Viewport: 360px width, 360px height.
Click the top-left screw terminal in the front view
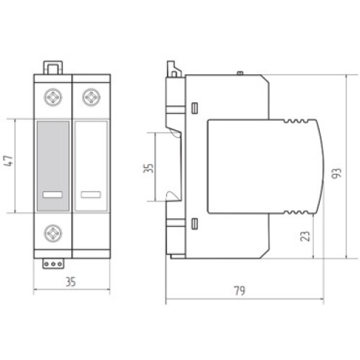[x=53, y=97]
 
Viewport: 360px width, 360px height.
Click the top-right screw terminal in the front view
[x=91, y=97]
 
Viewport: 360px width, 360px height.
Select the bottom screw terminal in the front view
[x=53, y=233]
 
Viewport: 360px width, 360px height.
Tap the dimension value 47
[x=9, y=161]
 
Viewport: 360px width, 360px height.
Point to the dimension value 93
[x=336, y=173]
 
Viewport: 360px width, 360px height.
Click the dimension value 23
[x=305, y=236]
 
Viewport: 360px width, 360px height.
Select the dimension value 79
[x=240, y=291]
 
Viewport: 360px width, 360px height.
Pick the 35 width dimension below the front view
[x=71, y=282]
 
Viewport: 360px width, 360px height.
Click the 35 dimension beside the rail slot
[x=148, y=168]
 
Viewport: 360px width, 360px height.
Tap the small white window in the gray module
[x=53, y=194]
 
